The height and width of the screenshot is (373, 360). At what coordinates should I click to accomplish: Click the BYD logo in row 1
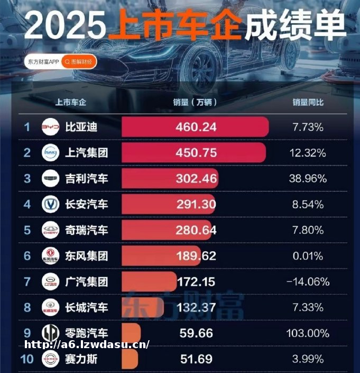tap(51, 128)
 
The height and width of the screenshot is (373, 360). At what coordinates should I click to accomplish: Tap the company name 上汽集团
tap(86, 153)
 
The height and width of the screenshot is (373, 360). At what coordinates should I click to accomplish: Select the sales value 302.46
tap(196, 179)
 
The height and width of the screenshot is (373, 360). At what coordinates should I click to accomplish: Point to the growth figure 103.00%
tap(308, 334)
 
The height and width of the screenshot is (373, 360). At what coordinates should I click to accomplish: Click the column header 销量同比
tap(308, 102)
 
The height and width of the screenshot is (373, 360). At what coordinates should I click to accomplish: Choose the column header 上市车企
tap(71, 102)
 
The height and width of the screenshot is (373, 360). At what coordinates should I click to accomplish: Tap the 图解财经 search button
tap(79, 62)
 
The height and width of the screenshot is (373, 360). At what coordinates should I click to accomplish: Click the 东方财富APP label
tap(43, 62)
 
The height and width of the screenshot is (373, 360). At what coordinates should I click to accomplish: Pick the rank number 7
tap(27, 282)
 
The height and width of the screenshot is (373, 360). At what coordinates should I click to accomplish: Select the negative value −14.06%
tap(308, 282)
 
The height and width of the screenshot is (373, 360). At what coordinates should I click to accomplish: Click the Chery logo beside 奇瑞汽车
tap(51, 230)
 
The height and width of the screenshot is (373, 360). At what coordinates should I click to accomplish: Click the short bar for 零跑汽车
tap(131, 334)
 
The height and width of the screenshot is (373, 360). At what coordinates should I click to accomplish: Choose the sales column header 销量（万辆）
tap(195, 102)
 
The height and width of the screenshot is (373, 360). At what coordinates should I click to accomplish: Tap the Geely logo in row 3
tap(51, 179)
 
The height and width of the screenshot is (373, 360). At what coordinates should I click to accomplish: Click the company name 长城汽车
tap(86, 308)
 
